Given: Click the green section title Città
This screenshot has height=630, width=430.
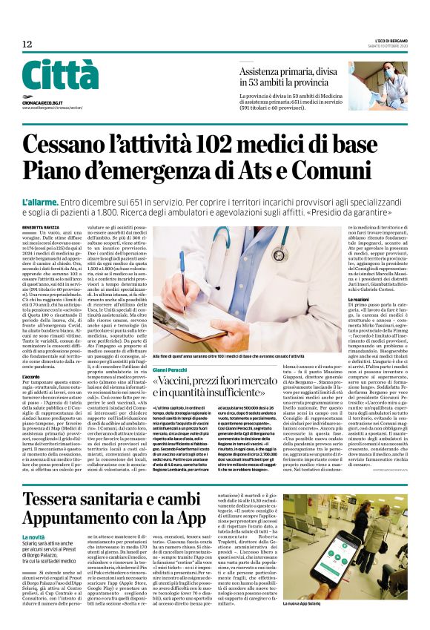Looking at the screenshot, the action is point(59,75).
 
